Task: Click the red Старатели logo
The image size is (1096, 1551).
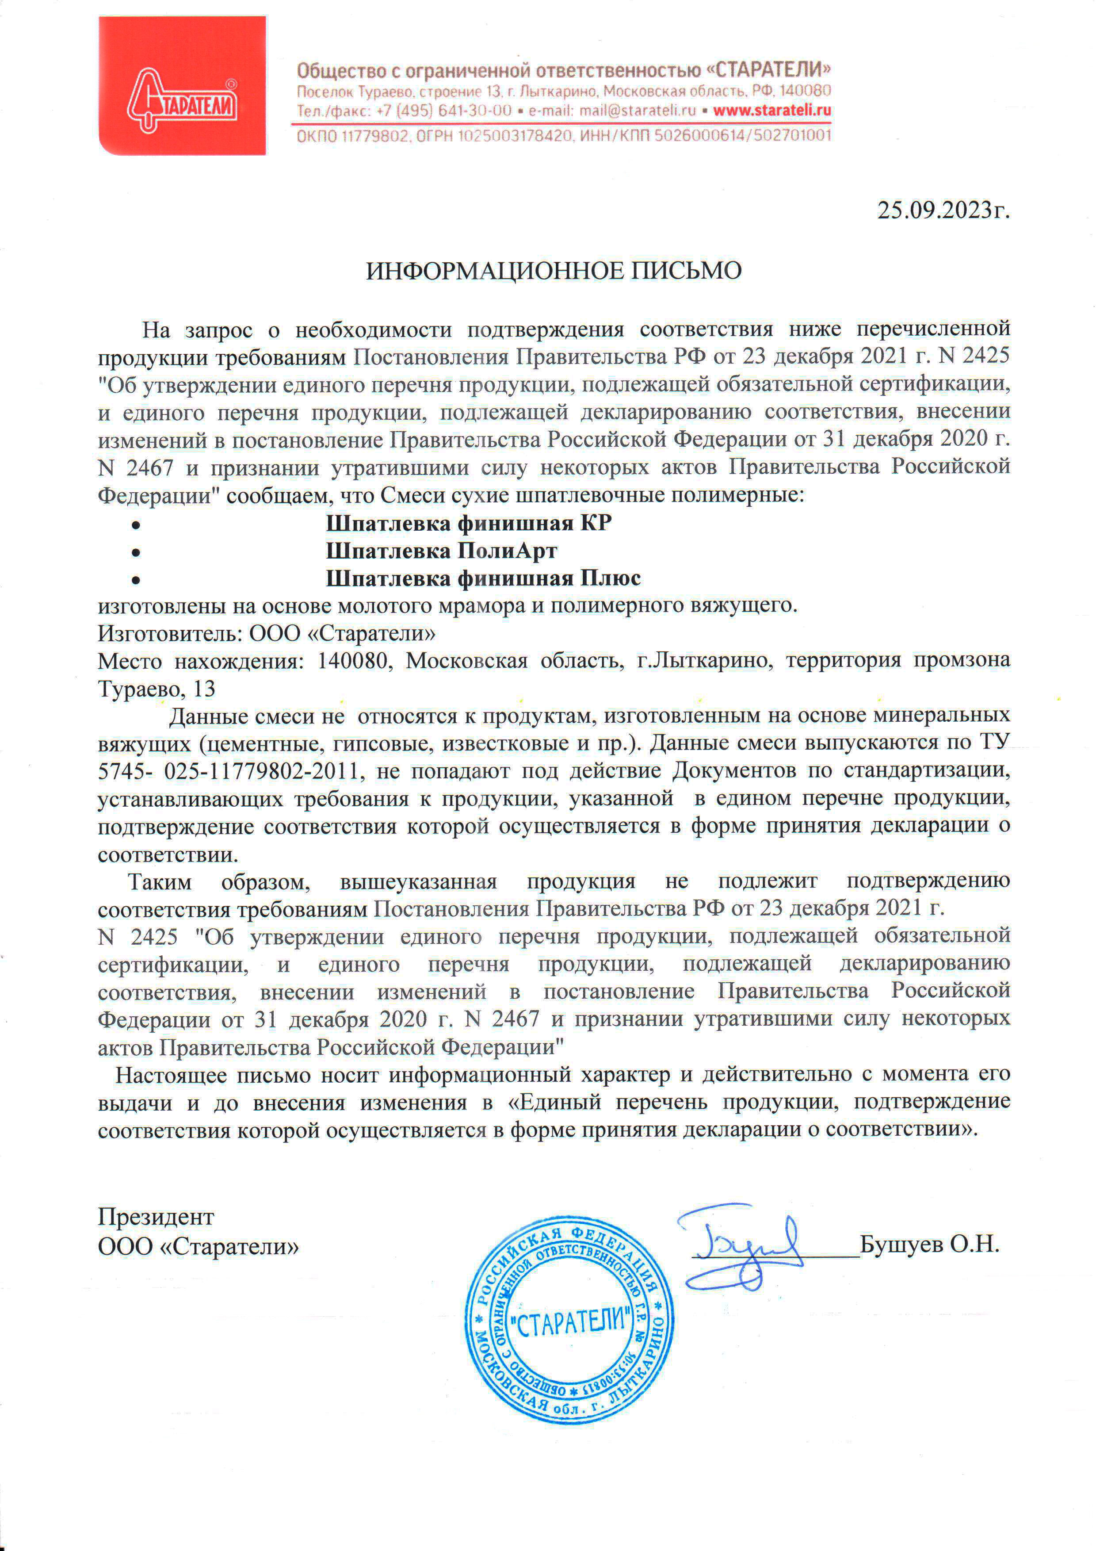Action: pyautogui.click(x=182, y=86)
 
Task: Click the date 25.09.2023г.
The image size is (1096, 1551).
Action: pyautogui.click(x=943, y=211)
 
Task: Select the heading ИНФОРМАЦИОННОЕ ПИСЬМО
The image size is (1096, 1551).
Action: pyautogui.click(x=554, y=271)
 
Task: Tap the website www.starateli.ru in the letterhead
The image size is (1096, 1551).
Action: pyautogui.click(x=772, y=111)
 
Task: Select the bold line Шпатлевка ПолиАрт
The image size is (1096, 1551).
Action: pyautogui.click(x=442, y=551)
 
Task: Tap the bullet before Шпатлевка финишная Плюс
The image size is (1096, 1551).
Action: pyautogui.click(x=136, y=580)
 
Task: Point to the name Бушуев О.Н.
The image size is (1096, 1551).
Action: pyautogui.click(x=929, y=1245)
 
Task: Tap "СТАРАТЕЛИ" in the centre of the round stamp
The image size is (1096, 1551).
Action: pyautogui.click(x=573, y=1319)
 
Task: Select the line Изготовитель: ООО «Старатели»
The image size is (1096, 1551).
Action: pyautogui.click(x=267, y=634)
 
